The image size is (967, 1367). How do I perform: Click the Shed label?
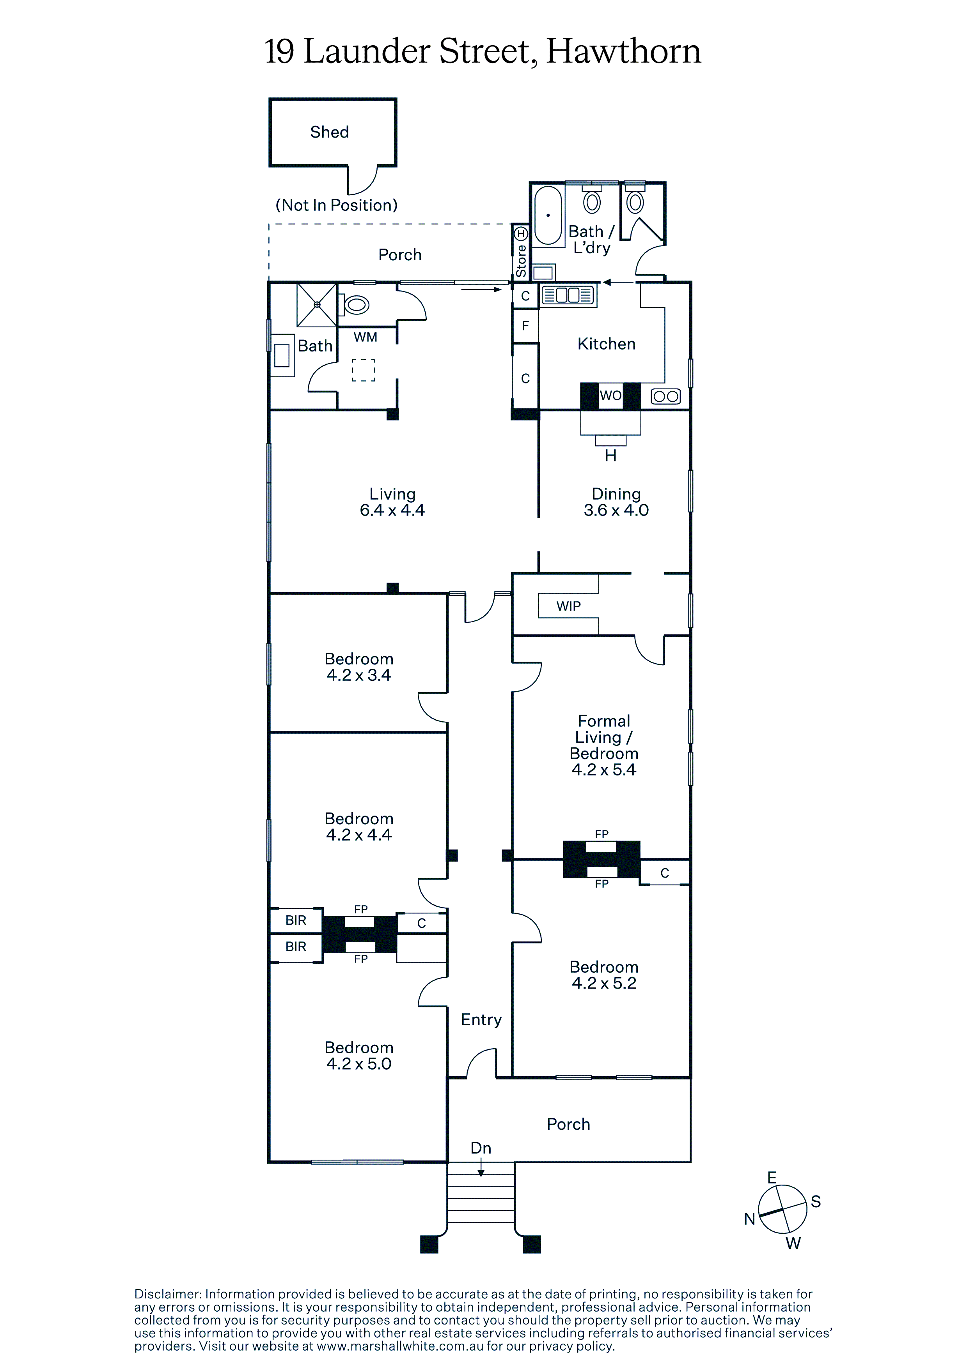pos(330,132)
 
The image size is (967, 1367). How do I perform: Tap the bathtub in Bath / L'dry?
pos(548,215)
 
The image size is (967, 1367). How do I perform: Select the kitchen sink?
pos(568,295)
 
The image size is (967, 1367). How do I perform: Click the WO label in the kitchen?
pos(610,396)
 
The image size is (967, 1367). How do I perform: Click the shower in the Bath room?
pos(317,305)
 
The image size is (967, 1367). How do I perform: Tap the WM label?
pos(365,337)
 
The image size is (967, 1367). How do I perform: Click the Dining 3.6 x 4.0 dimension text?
pos(616,510)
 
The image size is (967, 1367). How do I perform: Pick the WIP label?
pos(568,606)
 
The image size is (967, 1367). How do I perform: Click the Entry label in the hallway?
pos(481,1020)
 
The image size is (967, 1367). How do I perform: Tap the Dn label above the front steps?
pos(481,1148)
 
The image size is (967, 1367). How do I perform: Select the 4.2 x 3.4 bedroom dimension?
pos(359,675)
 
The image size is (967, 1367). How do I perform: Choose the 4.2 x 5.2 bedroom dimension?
pos(604,983)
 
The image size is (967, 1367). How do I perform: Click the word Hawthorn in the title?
pos(623,52)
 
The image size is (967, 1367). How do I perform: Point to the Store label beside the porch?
pos(521,261)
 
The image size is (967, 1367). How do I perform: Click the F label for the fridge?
pos(525,326)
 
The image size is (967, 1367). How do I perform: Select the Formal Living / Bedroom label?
pos(604,737)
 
